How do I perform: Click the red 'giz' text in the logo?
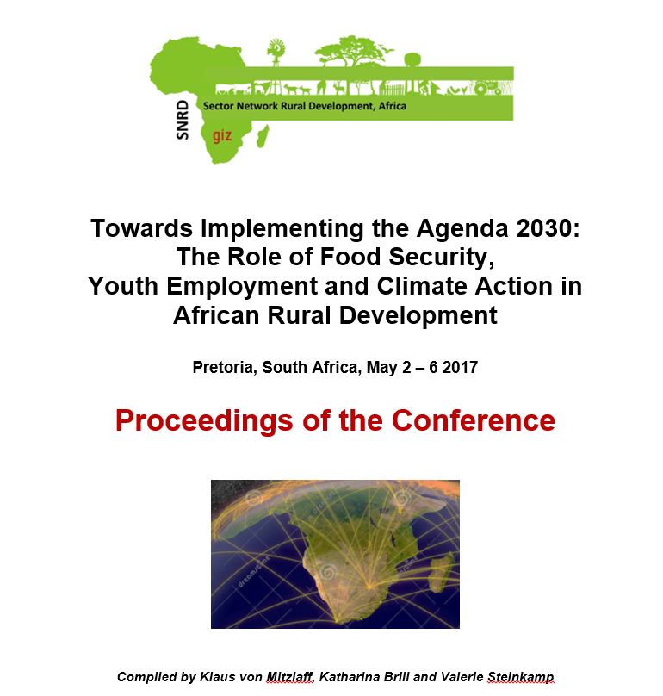pos(222,135)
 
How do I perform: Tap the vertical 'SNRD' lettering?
pos(183,120)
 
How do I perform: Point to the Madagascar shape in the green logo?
pos(263,136)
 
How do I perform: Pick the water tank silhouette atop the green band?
pos(412,60)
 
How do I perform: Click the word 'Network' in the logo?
pos(257,106)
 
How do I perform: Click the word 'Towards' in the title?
pos(141,228)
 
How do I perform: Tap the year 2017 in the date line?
pos(460,368)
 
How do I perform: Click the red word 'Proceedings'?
pos(204,421)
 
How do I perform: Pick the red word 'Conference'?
pos(474,420)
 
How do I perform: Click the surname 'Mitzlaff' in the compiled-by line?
pos(290,676)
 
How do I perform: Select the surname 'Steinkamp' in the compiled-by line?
pos(521,677)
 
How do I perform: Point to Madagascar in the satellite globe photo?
pos(442,574)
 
